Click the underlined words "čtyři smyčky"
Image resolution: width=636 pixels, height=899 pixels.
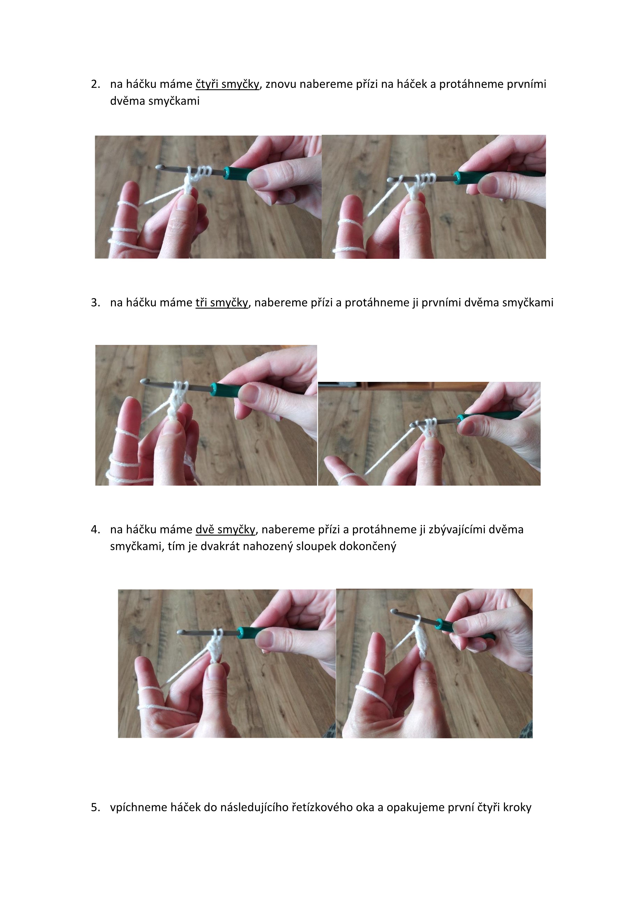click(227, 84)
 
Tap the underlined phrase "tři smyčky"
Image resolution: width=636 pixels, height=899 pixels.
click(222, 303)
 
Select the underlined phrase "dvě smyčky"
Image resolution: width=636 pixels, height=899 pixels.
click(225, 530)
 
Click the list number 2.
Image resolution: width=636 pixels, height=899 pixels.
click(96, 84)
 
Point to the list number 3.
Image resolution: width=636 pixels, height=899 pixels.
click(96, 303)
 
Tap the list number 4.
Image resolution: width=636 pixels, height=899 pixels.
click(96, 530)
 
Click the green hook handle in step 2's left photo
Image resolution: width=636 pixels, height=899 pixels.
click(239, 173)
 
